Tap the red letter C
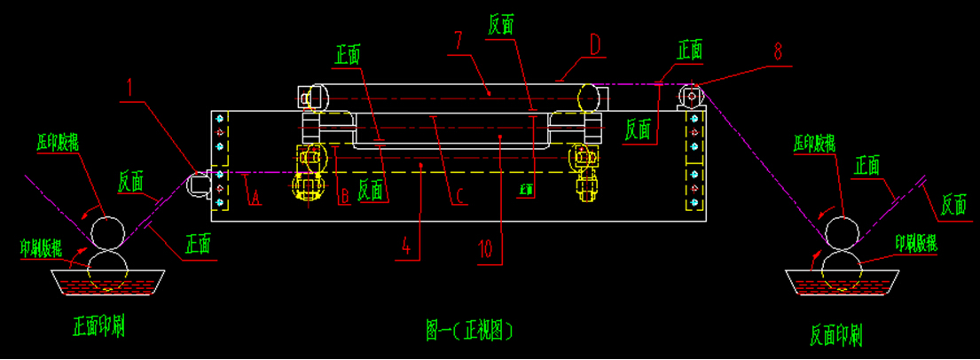point(456,200)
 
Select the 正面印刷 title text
point(98,328)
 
